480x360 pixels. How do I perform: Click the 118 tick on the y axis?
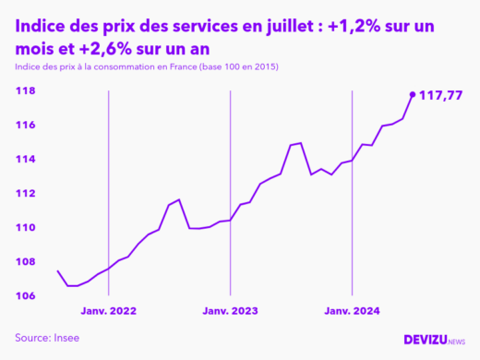point(25,91)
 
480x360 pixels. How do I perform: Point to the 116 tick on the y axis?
point(25,126)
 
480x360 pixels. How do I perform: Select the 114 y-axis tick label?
point(25,160)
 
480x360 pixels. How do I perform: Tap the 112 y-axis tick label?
point(25,194)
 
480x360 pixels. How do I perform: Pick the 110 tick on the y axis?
point(25,228)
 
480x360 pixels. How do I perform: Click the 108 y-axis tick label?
point(25,262)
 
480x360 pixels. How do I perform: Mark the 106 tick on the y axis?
point(25,296)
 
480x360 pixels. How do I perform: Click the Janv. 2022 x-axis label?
point(110,312)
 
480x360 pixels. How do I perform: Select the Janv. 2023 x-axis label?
point(231,312)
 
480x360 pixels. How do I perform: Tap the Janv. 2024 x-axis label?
point(352,312)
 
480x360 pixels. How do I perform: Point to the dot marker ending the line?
point(413,94)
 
